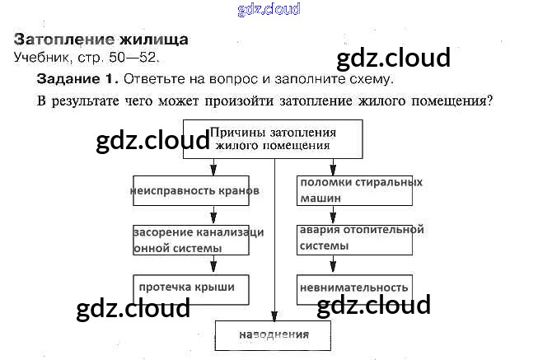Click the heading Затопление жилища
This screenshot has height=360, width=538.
pyautogui.click(x=101, y=39)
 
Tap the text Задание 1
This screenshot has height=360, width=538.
pyautogui.click(x=78, y=80)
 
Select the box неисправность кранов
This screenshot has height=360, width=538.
pyautogui.click(x=196, y=190)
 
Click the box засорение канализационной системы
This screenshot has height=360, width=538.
pyautogui.click(x=198, y=240)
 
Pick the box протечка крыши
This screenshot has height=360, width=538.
pyautogui.click(x=189, y=288)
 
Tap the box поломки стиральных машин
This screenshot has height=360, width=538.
pyautogui.click(x=354, y=190)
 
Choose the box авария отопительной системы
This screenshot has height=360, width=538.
pyautogui.click(x=355, y=238)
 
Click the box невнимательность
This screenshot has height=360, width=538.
pyautogui.click(x=354, y=288)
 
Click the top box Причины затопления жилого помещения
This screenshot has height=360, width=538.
pyautogui.click(x=273, y=138)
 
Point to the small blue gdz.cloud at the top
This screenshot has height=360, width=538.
pyautogui.click(x=269, y=9)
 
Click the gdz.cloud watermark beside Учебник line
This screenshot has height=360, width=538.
pyautogui.click(x=394, y=58)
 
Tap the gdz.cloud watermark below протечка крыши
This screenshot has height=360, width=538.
pyautogui.click(x=133, y=309)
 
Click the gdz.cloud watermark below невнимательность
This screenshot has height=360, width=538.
pyautogui.click(x=373, y=305)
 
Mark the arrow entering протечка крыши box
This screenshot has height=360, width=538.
pyautogui.click(x=213, y=266)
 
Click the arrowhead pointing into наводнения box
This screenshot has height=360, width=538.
pyautogui.click(x=273, y=315)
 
